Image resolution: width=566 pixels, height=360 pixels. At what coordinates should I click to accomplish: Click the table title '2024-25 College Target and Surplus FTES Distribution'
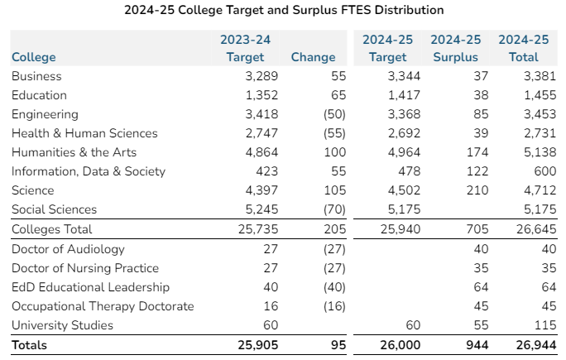(283, 10)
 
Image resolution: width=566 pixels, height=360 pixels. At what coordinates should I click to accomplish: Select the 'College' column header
(34, 57)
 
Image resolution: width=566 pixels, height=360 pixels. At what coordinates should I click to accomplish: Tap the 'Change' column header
(313, 57)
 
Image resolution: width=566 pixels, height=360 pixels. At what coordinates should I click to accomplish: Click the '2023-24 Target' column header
(245, 49)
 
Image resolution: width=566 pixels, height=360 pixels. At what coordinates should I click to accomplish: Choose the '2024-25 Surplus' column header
(455, 49)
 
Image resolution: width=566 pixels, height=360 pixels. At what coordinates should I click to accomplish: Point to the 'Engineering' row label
(45, 114)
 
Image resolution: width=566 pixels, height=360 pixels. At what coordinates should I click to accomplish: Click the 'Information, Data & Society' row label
(89, 171)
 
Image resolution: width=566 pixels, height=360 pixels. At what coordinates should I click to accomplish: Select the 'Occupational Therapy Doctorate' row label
(103, 306)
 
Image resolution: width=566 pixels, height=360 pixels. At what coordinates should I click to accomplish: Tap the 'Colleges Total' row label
(52, 229)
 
